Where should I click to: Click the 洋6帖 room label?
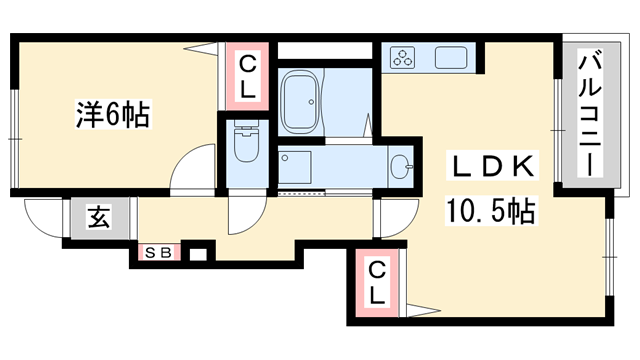(113, 114)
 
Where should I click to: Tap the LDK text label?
(493, 165)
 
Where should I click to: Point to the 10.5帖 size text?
(491, 210)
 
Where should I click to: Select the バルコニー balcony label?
(590, 112)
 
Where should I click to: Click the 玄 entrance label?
(99, 217)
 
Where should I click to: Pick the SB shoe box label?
(158, 253)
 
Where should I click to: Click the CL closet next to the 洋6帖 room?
(247, 77)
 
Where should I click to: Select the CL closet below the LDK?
(377, 283)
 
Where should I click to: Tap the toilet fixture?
(247, 141)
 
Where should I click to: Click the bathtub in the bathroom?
(301, 101)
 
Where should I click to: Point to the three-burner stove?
(402, 57)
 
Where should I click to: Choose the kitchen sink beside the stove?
(451, 58)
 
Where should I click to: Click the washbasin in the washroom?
(401, 167)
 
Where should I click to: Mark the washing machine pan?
(295, 167)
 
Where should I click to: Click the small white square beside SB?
(198, 255)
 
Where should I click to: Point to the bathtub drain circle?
(311, 102)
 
